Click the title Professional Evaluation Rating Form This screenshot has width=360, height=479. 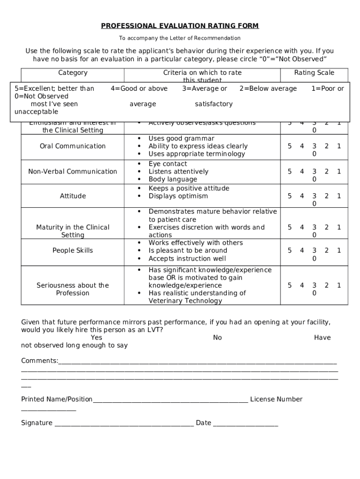(180, 26)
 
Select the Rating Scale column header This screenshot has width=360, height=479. (314, 73)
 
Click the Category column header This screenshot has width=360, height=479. (72, 73)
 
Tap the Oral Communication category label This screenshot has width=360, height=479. (72, 146)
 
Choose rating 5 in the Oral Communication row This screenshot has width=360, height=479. (290, 146)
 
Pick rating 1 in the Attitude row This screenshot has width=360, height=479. (339, 196)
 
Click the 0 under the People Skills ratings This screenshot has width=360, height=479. (314, 258)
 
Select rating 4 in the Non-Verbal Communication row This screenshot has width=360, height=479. (302, 172)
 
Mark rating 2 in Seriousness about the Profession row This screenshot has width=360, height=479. (327, 285)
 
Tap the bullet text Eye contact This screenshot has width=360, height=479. (167, 164)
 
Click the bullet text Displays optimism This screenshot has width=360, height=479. (178, 196)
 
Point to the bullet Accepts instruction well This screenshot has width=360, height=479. (187, 258)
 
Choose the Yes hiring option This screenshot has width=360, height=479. (97, 337)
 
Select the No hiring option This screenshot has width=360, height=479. (217, 337)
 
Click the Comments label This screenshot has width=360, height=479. (40, 361)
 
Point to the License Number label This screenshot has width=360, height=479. (276, 399)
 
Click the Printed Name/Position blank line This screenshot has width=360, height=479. (170, 400)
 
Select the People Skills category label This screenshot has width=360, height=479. (72, 250)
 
